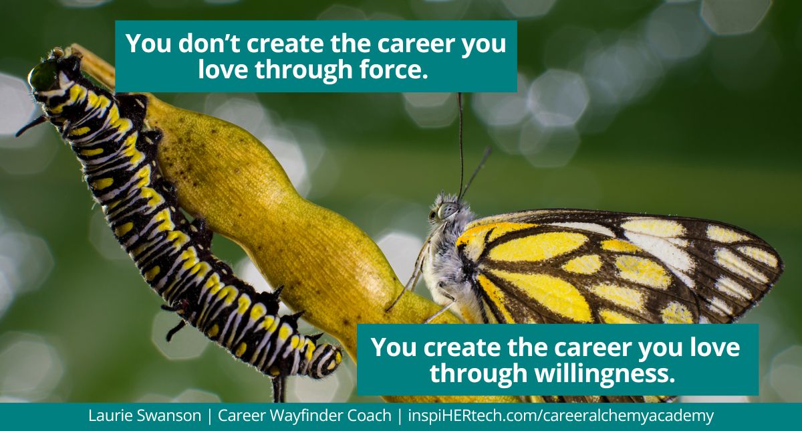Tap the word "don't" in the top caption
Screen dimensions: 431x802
tap(198, 44)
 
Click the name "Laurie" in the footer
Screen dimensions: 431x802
tap(111, 416)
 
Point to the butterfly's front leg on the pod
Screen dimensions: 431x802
tap(411, 281)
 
